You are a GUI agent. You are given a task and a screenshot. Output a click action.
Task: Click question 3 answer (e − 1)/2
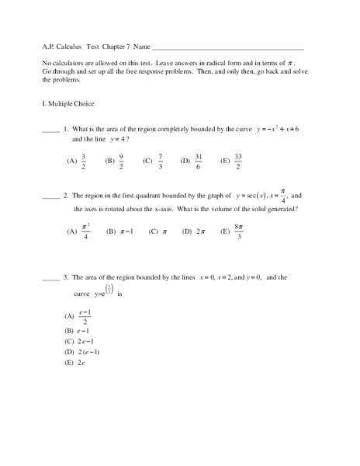pos(86,318)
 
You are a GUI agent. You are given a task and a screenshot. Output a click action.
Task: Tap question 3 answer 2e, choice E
pos(80,363)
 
